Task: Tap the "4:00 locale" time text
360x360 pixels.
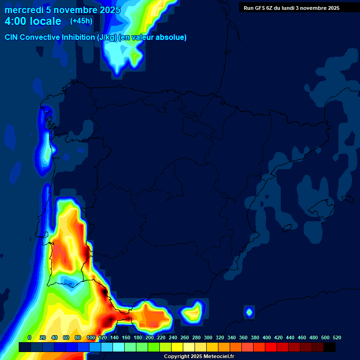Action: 33,21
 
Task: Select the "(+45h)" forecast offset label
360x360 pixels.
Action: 81,21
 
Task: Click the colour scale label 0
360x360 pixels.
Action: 30,337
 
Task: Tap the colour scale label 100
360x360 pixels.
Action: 91,337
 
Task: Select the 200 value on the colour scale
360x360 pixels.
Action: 150,337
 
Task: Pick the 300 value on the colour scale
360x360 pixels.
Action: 208,337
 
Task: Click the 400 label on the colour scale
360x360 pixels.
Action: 267,337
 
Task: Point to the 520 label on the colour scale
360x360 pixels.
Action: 337,337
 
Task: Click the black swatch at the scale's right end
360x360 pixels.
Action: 330,347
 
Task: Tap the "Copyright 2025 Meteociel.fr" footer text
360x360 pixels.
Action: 199,357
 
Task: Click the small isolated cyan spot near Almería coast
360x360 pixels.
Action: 249,311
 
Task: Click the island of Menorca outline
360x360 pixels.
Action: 348,199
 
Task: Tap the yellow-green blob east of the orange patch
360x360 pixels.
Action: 192,312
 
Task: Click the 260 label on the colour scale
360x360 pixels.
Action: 185,337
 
